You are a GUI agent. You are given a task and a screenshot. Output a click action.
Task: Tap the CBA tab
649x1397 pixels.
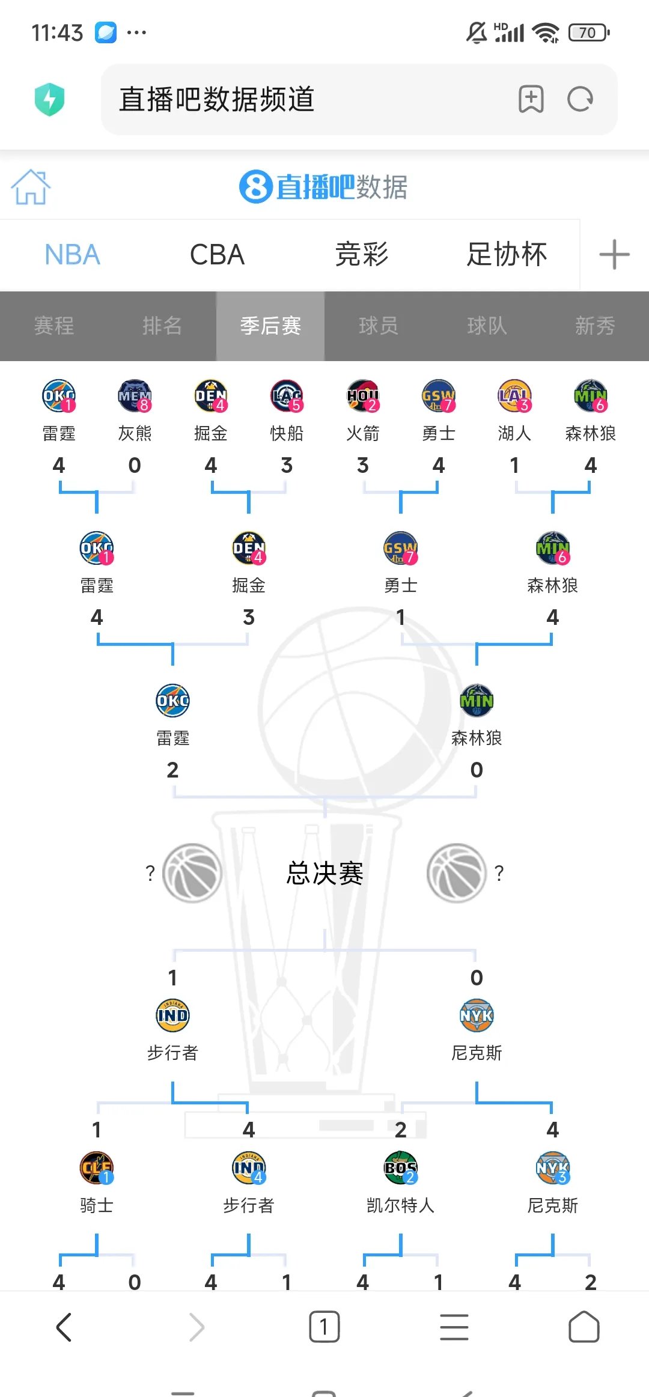click(x=217, y=255)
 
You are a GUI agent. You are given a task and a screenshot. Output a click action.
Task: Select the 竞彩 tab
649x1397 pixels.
click(x=362, y=255)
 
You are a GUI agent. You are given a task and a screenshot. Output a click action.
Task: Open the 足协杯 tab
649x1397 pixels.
click(x=507, y=255)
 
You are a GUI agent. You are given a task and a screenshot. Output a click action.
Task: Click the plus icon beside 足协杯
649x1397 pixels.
click(x=614, y=255)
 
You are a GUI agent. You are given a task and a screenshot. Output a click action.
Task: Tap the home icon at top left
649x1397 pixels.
click(x=31, y=187)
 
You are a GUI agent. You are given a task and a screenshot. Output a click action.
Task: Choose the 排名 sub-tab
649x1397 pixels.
click(x=162, y=326)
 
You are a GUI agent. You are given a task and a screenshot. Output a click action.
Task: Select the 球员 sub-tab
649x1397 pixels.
click(x=379, y=326)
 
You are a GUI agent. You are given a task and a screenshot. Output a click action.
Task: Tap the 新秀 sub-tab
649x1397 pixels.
click(x=595, y=326)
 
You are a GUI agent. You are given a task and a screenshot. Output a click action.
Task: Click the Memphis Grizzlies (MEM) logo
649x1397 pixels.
click(x=135, y=396)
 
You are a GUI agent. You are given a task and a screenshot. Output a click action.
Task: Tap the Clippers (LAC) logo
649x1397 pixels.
click(x=287, y=396)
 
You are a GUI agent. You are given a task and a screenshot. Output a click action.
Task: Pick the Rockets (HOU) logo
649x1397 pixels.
click(x=363, y=396)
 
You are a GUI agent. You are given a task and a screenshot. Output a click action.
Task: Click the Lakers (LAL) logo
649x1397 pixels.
click(x=514, y=396)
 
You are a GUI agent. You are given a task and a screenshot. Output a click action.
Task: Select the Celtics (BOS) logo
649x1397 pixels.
click(x=400, y=1167)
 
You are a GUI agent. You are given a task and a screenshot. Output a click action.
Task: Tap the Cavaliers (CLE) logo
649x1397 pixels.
click(x=96, y=1167)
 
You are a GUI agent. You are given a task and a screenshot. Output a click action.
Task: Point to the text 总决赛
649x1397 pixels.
click(x=324, y=873)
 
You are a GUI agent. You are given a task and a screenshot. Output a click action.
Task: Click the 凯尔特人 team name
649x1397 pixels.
click(x=400, y=1205)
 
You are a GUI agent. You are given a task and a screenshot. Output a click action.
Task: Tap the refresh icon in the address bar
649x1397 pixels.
click(x=580, y=99)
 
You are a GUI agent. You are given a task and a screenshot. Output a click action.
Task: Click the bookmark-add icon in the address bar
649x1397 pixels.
click(x=531, y=99)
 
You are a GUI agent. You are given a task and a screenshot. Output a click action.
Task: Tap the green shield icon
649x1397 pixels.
click(x=50, y=99)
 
